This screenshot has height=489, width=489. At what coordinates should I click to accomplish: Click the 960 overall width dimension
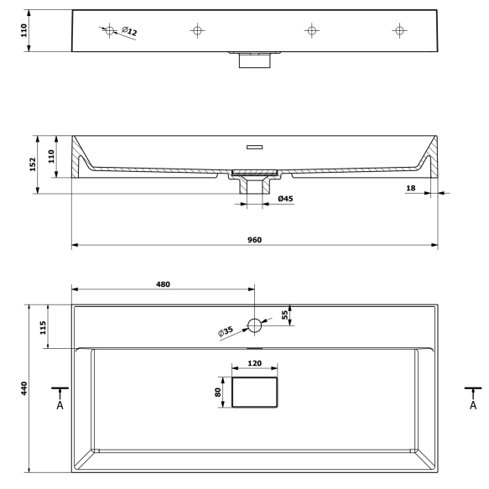(x=254, y=240)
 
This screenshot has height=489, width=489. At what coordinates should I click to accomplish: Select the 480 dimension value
(x=163, y=284)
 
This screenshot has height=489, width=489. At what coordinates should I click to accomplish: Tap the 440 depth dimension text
(x=24, y=388)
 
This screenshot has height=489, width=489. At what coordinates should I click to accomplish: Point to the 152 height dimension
(x=33, y=164)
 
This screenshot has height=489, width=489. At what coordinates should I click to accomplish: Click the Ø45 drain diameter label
(x=285, y=199)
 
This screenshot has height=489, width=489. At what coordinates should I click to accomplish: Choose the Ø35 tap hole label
(x=226, y=331)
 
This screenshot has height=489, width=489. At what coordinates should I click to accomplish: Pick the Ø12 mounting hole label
(x=129, y=31)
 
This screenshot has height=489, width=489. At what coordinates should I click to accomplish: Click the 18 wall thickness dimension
(x=411, y=188)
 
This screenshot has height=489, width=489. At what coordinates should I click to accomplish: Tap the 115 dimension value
(x=43, y=327)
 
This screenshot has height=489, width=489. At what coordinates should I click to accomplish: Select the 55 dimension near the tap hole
(x=284, y=315)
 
